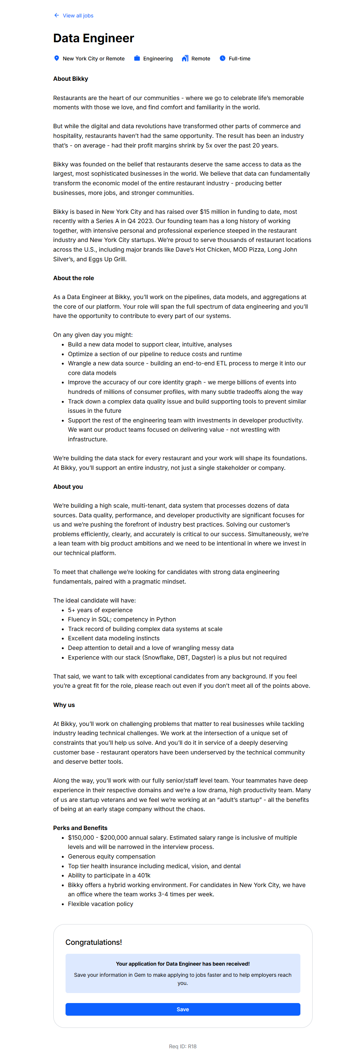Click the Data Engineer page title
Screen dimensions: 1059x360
tap(93, 38)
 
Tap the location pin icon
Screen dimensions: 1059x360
tap(57, 59)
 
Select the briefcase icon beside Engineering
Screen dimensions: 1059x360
tap(137, 59)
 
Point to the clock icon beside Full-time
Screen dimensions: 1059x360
tap(222, 59)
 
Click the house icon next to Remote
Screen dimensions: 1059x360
tap(185, 59)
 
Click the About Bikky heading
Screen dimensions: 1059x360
tap(70, 79)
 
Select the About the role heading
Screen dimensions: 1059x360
tap(73, 278)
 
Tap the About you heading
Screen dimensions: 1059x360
tap(68, 487)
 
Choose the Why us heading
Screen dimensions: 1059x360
tap(64, 705)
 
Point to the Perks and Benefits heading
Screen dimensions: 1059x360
tap(80, 827)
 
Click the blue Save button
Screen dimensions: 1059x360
tap(183, 1009)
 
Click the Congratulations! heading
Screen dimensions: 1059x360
tap(93, 942)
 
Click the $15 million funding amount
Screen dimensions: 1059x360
tap(215, 212)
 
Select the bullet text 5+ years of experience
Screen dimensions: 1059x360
tap(100, 610)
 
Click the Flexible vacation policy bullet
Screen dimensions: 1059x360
tap(100, 904)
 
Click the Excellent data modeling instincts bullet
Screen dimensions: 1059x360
tap(113, 638)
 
